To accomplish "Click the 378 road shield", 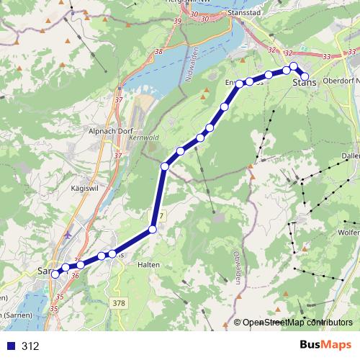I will (x=119, y=303).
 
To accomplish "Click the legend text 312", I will (x=30, y=346).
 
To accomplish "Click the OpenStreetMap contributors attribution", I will (x=297, y=323).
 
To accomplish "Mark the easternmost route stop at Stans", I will (x=305, y=76).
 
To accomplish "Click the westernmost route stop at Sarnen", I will (x=55, y=273).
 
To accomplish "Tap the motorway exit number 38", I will (x=158, y=52).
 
